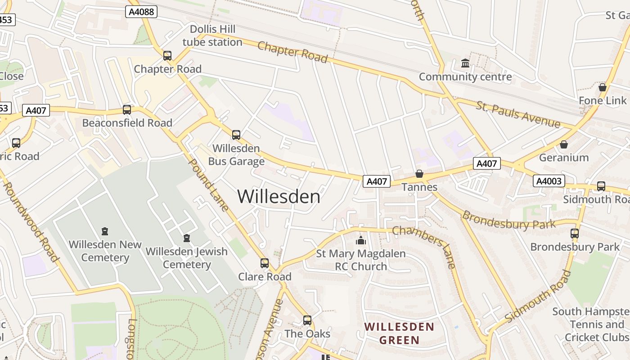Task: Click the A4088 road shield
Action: (141, 12)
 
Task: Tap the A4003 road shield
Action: (549, 181)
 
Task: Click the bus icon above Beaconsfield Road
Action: (127, 109)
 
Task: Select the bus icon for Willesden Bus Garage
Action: (236, 135)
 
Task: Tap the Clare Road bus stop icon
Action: (265, 263)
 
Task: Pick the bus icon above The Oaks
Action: (307, 320)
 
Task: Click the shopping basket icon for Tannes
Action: (419, 173)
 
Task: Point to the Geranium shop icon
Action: (563, 144)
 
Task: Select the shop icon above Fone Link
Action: (603, 87)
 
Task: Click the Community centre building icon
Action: (465, 63)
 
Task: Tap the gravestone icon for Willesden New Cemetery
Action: (105, 231)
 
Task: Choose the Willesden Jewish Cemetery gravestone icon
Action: (187, 238)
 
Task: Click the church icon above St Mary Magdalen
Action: (360, 241)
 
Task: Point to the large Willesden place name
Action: (279, 196)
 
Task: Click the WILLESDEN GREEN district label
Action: (399, 333)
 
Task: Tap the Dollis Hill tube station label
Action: (212, 36)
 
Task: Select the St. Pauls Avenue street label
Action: (518, 115)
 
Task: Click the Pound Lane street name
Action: (208, 184)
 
